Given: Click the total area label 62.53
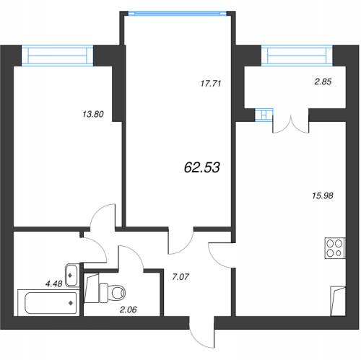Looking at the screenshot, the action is pyautogui.click(x=202, y=167).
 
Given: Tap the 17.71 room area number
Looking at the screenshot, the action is pyautogui.click(x=211, y=84).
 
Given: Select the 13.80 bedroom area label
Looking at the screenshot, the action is pyautogui.click(x=93, y=114).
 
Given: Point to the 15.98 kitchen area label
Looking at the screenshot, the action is pyautogui.click(x=323, y=196).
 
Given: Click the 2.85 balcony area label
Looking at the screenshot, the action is pyautogui.click(x=323, y=82).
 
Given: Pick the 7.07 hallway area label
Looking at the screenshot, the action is pyautogui.click(x=180, y=277).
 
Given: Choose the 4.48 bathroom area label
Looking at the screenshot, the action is pyautogui.click(x=54, y=284).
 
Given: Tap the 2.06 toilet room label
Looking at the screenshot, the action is pyautogui.click(x=128, y=309).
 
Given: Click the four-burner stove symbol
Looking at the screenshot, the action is pyautogui.click(x=335, y=248).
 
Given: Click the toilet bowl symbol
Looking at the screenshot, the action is pyautogui.click(x=113, y=293).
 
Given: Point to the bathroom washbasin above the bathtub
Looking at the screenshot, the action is pyautogui.click(x=72, y=275).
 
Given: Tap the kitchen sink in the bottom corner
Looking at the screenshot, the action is pyautogui.click(x=338, y=301).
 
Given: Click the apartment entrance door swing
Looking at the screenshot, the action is pyautogui.click(x=201, y=332).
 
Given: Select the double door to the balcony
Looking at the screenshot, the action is pyautogui.click(x=291, y=124).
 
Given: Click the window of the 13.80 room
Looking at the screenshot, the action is pyautogui.click(x=57, y=56).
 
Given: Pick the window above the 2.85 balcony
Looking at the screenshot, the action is pyautogui.click(x=297, y=56).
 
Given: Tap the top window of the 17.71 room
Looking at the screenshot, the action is pyautogui.click(x=178, y=13).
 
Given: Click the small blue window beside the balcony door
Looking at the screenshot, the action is pyautogui.click(x=264, y=115).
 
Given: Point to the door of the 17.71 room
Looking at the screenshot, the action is pyautogui.click(x=180, y=240).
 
